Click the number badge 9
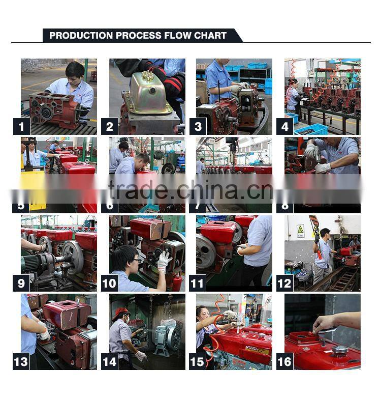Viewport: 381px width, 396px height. click(21, 283)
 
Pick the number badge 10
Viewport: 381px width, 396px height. click(110, 283)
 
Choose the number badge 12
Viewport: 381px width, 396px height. click(285, 283)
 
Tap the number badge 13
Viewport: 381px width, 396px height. click(21, 361)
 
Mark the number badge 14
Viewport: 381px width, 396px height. click(110, 361)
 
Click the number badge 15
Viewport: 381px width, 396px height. click(197, 361)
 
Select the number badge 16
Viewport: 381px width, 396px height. click(285, 361)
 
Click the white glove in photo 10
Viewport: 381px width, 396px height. click(164, 261)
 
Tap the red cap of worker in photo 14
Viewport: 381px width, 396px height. click(120, 312)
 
